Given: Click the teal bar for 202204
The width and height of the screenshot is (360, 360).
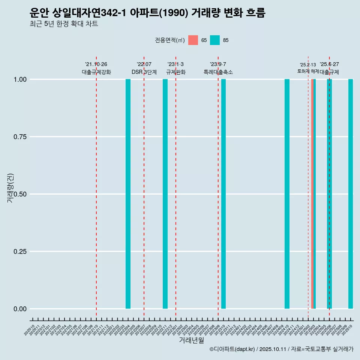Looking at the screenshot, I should point(128,194).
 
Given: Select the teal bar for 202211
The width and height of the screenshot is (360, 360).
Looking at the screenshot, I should point(165,194).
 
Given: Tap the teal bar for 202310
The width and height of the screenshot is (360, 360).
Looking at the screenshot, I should point(223,194).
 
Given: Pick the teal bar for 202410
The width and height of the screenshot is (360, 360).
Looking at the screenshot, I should point(287,194).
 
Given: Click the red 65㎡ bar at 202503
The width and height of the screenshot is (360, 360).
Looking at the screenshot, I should point(312,194).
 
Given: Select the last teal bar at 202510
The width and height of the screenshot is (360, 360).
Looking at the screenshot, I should point(351,194).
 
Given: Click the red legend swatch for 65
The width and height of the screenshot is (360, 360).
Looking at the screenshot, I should point(193,40).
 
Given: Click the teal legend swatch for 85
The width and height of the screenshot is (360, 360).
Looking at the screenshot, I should point(215,40).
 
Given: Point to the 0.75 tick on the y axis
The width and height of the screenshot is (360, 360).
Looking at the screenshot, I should point(19,136).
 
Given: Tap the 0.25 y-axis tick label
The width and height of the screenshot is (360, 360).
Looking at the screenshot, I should point(19,251).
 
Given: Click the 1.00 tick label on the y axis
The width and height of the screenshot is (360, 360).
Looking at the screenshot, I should point(19,79).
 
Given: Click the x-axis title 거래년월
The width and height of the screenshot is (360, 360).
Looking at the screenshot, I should point(191,340).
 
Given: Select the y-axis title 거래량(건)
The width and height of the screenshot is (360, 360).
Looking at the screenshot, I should point(10,188).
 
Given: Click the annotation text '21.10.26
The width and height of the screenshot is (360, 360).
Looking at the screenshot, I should point(96,64).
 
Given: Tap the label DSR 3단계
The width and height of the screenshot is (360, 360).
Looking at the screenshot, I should point(144,72).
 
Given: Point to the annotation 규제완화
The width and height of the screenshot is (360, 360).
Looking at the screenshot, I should point(175,72).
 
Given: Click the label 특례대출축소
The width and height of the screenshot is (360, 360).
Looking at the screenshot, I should point(218,72).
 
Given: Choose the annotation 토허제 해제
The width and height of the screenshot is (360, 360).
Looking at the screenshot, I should point(308,71).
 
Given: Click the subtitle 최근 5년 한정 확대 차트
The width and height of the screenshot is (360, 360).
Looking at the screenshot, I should point(64,24).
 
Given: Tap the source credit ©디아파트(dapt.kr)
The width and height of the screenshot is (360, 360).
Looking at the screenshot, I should point(232,349).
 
